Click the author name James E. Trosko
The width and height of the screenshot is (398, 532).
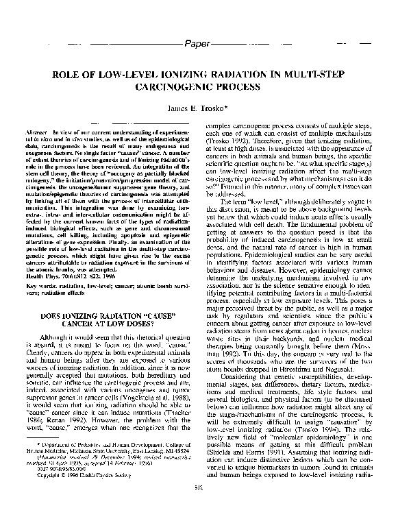tap(198, 108)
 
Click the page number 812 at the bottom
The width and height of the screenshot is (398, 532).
tap(199, 527)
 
